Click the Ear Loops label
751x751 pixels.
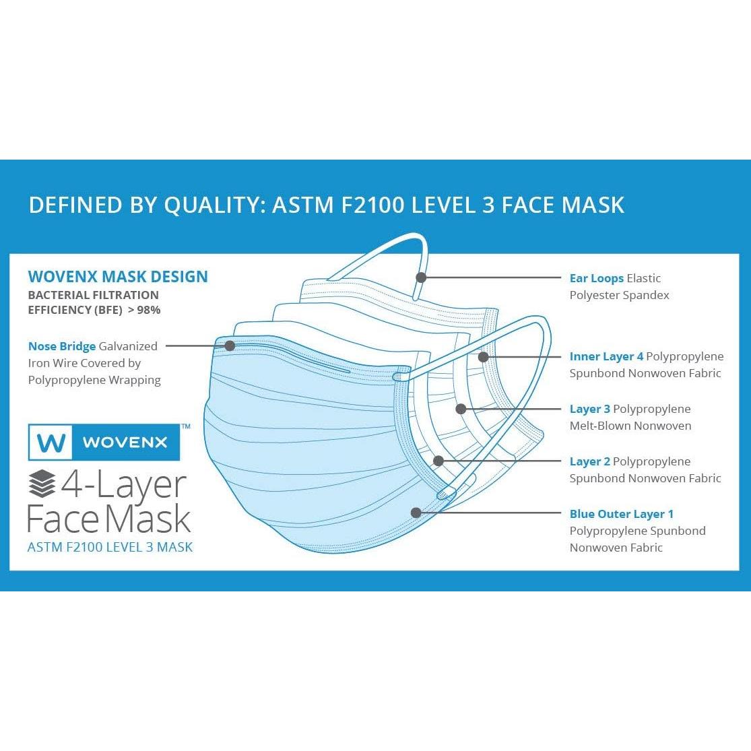point(596,278)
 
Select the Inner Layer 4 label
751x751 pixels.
point(606,356)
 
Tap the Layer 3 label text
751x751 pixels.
point(590,409)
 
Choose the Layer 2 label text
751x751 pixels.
point(590,461)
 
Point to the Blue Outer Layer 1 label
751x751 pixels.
point(621,514)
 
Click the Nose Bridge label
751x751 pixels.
point(62,346)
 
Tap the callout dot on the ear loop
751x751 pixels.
point(421,277)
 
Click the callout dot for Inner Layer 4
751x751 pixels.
point(483,356)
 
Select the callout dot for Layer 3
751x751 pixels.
point(461,409)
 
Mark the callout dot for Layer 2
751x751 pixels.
point(438,461)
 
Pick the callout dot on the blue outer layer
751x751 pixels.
point(416,513)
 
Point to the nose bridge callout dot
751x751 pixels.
point(229,346)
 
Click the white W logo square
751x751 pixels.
point(52,443)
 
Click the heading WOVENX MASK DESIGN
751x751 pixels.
point(118,276)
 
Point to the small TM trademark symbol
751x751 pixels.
point(186,426)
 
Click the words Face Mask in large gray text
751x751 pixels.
point(109,519)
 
